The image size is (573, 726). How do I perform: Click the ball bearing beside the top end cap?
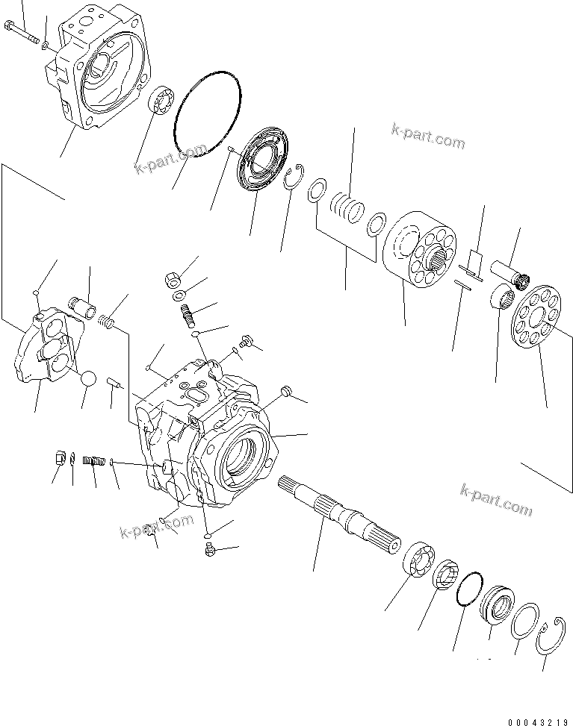pos(161,102)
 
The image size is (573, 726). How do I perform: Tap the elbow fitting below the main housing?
pos(208,551)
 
